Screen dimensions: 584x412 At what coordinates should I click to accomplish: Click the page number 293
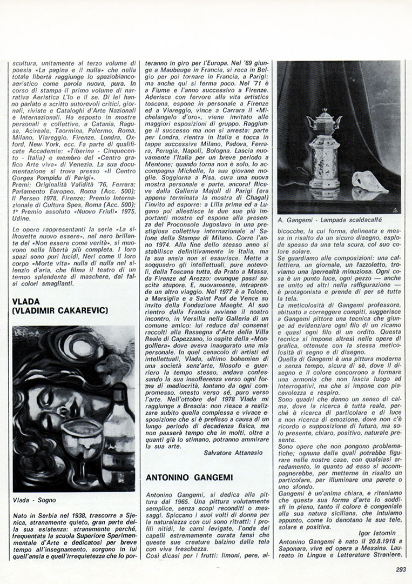coord(400,568)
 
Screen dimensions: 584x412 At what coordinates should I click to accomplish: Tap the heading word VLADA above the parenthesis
coord(27,301)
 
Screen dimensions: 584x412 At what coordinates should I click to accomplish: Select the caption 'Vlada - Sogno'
coord(34,500)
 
